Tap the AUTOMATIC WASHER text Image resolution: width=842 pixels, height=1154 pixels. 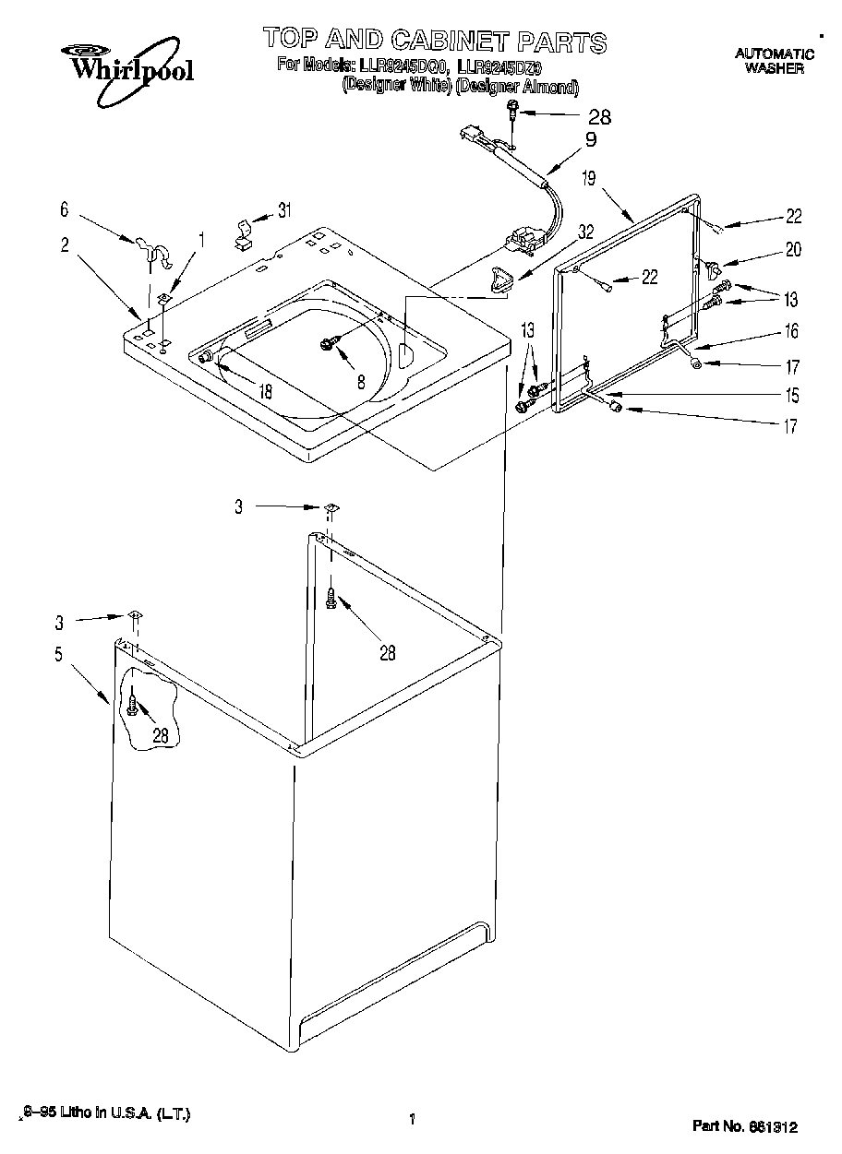tap(775, 61)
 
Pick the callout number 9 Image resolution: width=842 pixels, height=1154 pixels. tap(590, 140)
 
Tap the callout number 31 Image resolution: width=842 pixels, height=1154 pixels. tap(284, 210)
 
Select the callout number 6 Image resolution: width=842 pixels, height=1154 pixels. tap(65, 210)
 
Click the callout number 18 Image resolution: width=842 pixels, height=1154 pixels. tap(265, 391)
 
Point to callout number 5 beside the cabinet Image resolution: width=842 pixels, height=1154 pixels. tap(58, 656)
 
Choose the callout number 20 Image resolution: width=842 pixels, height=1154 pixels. tap(793, 249)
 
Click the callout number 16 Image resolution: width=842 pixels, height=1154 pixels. tap(791, 331)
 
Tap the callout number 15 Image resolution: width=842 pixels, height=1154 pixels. tap(791, 397)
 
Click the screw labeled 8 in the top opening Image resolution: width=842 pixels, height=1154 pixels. tap(327, 343)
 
